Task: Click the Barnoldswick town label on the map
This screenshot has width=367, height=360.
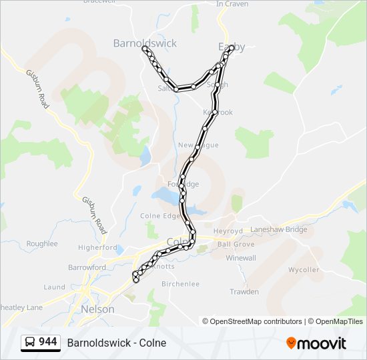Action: click(145, 43)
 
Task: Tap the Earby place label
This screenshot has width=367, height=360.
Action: click(232, 47)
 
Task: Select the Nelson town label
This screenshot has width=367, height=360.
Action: click(97, 309)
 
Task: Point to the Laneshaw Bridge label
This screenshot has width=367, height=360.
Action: click(278, 230)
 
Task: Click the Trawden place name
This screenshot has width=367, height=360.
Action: click(244, 292)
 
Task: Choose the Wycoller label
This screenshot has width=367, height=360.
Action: click(304, 270)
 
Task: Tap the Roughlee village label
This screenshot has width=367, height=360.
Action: click(42, 244)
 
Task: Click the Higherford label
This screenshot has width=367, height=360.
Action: click(97, 247)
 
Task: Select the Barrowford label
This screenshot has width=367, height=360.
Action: click(86, 267)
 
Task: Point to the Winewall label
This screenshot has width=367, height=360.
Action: click(241, 258)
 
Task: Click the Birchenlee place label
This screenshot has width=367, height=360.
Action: click(181, 284)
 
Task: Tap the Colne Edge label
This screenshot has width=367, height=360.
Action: click(160, 216)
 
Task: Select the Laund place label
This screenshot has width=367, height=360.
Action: click(54, 287)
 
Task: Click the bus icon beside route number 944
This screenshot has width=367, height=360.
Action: click(29, 343)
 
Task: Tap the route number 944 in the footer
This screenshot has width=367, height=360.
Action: click(47, 342)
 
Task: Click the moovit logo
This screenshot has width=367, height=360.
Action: click(316, 343)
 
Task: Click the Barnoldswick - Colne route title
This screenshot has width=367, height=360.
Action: click(117, 343)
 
